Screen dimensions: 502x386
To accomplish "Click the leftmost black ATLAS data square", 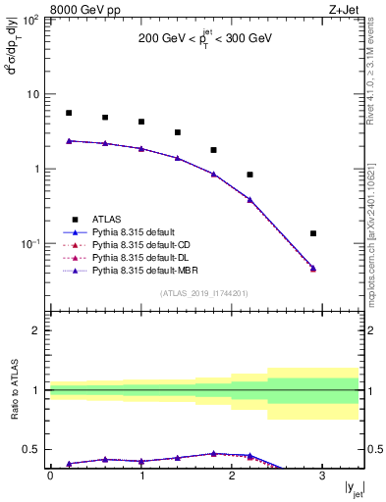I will click(69, 113).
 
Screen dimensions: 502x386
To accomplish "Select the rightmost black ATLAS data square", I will click(313, 233).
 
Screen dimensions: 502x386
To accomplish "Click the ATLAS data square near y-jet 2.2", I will click(250, 175).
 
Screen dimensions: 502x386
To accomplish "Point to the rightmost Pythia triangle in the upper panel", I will click(313, 268).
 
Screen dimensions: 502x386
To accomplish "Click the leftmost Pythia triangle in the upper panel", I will click(69, 141).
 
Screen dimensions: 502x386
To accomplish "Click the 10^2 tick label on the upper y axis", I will click(32, 20).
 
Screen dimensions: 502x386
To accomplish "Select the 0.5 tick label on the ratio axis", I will click(34, 449).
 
